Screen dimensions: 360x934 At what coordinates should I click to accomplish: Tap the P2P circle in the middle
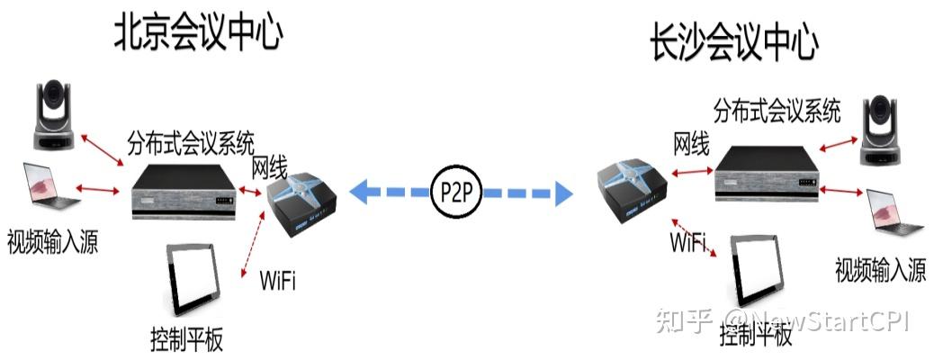tap(454, 193)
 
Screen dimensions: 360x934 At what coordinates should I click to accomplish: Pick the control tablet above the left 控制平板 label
tap(193, 279)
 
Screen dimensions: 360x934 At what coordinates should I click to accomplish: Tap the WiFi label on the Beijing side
tap(277, 280)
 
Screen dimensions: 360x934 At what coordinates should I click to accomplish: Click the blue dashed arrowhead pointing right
tap(561, 192)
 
